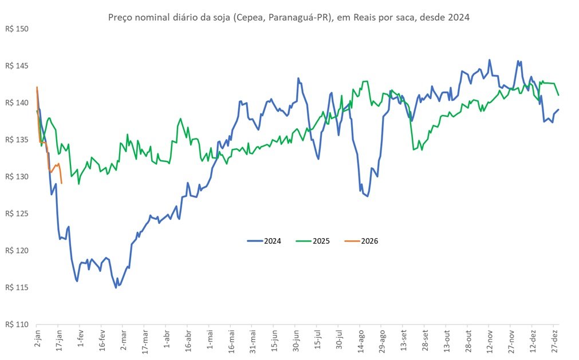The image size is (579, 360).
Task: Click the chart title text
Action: click(x=289, y=17)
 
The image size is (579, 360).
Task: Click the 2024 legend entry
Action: click(x=264, y=241)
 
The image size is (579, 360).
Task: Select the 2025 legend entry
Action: click(x=313, y=241)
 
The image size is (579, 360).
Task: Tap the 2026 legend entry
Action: click(x=361, y=241)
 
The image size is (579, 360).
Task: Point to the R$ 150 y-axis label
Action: click(x=17, y=29)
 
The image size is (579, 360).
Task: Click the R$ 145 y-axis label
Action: click(x=17, y=66)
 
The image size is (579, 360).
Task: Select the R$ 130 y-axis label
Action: click(x=17, y=177)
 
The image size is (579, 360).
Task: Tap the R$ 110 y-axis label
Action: click(x=17, y=325)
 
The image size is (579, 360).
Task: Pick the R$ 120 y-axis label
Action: click(x=17, y=251)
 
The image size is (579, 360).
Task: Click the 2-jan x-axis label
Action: click(x=37, y=339)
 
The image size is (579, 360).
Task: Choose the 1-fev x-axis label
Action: click(x=81, y=339)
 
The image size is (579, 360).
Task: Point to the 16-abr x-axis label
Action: click(x=188, y=341)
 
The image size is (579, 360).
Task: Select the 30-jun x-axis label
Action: click(x=296, y=341)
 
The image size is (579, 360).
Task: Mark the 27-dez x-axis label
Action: click(x=554, y=341)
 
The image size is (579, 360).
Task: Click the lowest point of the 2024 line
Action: click(x=116, y=287)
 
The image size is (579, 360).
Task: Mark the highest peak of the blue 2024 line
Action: click(x=490, y=60)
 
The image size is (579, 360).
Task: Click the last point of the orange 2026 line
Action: click(x=62, y=183)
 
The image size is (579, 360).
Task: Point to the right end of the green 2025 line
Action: click(x=559, y=95)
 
